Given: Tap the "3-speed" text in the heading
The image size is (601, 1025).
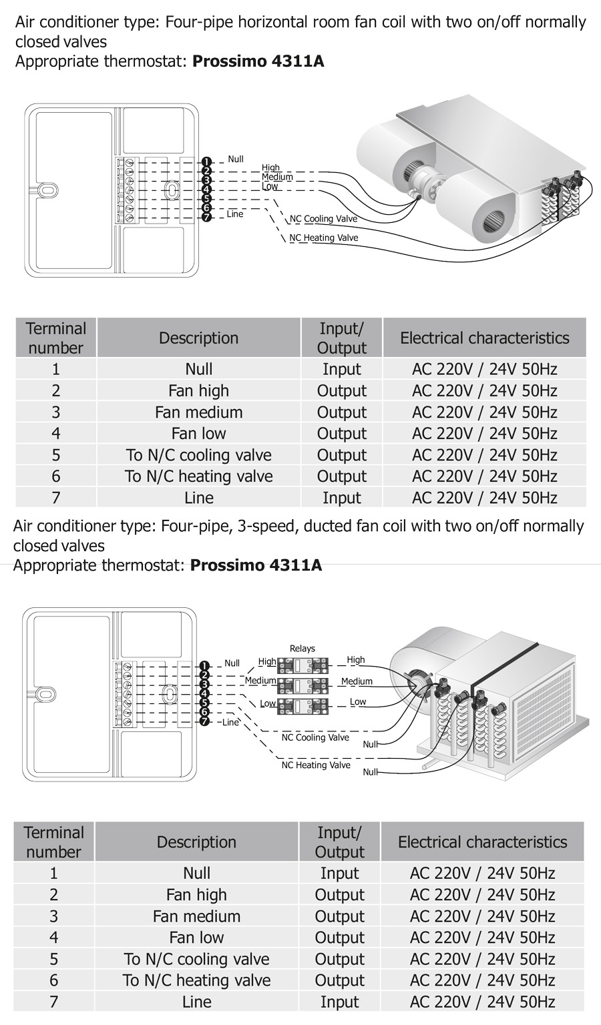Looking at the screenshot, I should (x=268, y=526).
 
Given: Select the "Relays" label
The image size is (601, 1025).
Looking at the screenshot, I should (x=303, y=648).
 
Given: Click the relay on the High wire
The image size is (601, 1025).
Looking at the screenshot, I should (x=303, y=665).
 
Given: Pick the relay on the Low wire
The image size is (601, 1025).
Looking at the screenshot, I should (x=303, y=705).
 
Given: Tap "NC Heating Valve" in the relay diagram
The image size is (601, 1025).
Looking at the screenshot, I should (x=316, y=765).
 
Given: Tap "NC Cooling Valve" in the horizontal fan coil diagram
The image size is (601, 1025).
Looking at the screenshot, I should (x=323, y=219).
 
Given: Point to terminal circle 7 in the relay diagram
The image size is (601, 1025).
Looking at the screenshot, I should (x=205, y=721).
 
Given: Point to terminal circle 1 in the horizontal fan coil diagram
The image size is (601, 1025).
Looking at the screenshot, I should (x=206, y=162).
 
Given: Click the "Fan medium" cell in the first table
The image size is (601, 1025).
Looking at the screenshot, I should (x=198, y=412).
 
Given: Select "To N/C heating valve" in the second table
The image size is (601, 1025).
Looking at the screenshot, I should (x=196, y=980).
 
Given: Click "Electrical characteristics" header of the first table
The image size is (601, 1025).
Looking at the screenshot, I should (x=484, y=338).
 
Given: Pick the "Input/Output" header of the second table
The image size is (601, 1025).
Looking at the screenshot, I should (x=339, y=842).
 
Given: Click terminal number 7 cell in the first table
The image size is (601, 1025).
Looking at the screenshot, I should (x=56, y=498).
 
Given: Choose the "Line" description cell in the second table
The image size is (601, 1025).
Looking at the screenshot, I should (x=196, y=1002).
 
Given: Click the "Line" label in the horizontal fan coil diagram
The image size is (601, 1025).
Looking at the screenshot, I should (x=235, y=214).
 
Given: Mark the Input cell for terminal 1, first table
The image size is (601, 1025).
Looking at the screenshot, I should (x=341, y=369).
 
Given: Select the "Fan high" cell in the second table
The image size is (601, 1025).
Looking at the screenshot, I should (x=196, y=895).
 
